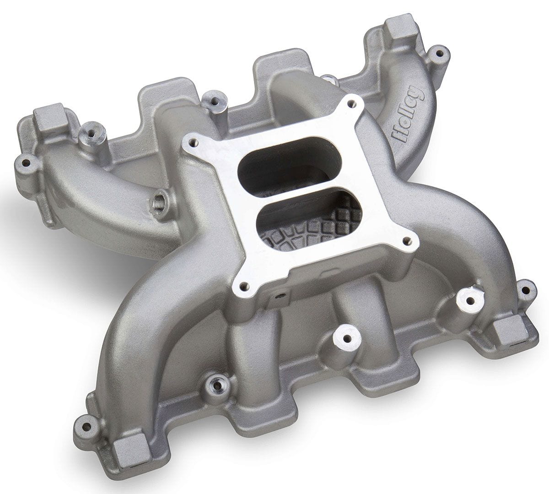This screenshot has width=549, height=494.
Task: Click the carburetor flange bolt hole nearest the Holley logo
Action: (x=350, y=104)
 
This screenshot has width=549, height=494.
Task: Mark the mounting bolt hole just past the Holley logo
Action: (x=441, y=53)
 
